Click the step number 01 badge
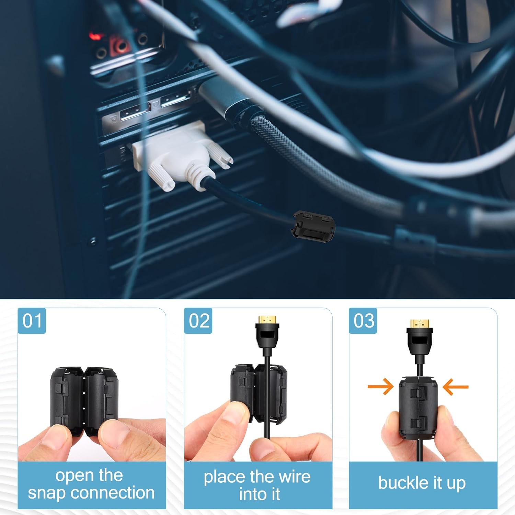click(x=32, y=321)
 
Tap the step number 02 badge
click(x=198, y=321)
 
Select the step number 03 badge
click(x=363, y=321)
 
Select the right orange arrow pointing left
click(x=456, y=387)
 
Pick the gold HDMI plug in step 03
click(x=420, y=323)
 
